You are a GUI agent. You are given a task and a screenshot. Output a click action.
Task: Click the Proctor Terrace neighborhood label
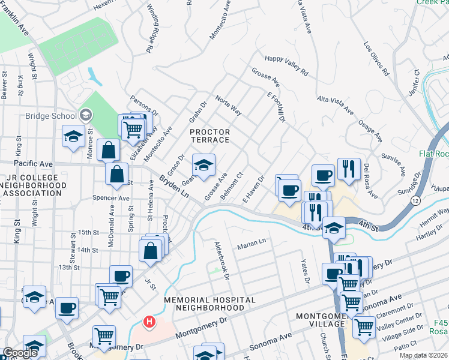[209, 136]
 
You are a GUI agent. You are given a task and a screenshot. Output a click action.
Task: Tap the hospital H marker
[149, 323]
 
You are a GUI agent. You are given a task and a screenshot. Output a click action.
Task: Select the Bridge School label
[50, 116]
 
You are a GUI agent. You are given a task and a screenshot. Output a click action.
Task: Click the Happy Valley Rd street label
[286, 65]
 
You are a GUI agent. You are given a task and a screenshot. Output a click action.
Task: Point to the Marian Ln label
[251, 243]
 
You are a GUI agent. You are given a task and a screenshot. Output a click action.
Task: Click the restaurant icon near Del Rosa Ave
[349, 169]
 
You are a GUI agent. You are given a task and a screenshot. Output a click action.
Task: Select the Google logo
[20, 353]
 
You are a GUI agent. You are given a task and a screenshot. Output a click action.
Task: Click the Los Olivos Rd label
[377, 59]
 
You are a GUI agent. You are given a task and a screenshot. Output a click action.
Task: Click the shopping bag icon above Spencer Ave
[117, 174]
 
